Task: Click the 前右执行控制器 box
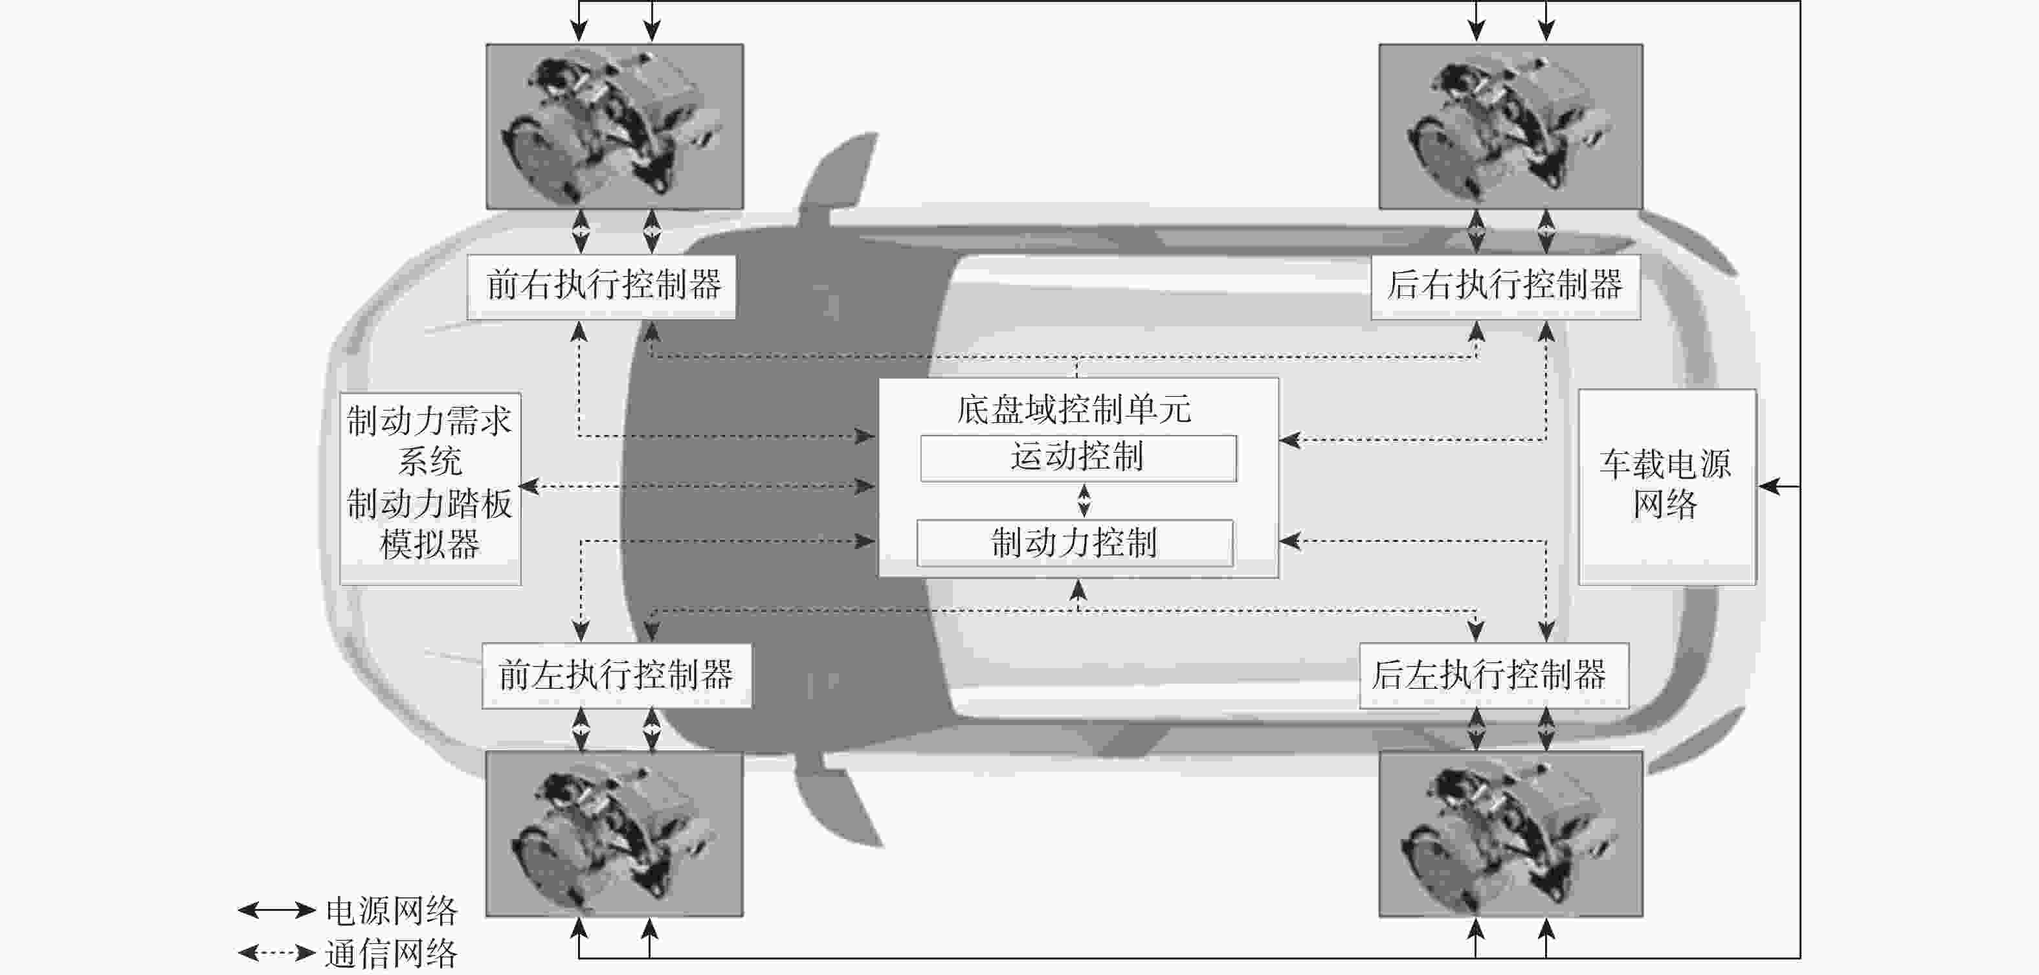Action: tap(601, 287)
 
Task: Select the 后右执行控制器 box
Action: tap(1506, 287)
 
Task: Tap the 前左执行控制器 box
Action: tap(617, 676)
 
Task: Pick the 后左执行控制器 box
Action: tap(1493, 676)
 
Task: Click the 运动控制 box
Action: tap(1078, 458)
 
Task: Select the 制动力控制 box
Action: tap(1075, 543)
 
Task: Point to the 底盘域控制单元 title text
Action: tap(1074, 409)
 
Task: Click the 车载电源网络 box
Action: tap(1667, 487)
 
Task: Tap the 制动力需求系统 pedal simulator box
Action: tap(430, 488)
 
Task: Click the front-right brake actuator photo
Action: tap(614, 127)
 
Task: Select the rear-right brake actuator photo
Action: tap(1510, 127)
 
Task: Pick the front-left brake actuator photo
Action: tap(614, 833)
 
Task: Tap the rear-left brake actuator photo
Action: tap(1510, 833)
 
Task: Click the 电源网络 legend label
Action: tap(392, 911)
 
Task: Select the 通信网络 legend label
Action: tap(392, 953)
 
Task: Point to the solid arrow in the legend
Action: tap(277, 910)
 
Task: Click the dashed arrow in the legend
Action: tap(277, 952)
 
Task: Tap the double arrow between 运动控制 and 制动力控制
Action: tap(1084, 500)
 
